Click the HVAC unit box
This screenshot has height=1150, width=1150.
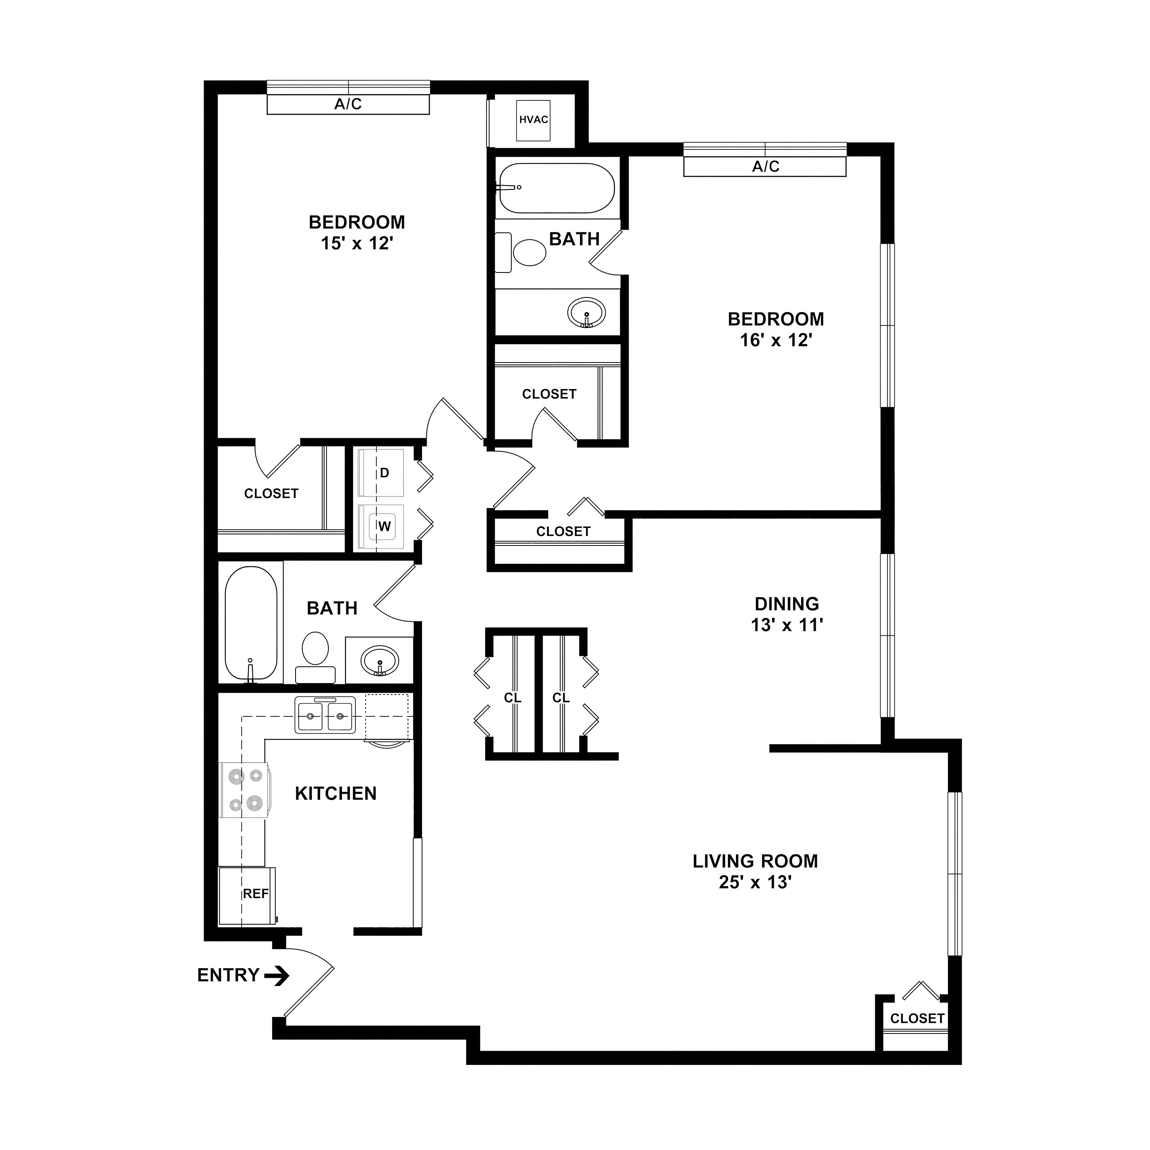tap(533, 120)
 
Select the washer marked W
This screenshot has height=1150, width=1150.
tap(381, 527)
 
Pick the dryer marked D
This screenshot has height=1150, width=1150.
tap(381, 473)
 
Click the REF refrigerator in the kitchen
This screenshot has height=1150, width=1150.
tap(247, 895)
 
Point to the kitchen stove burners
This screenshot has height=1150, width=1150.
tap(246, 790)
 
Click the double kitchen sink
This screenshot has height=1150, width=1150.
tap(325, 715)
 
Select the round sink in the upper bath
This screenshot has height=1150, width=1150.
tap(586, 312)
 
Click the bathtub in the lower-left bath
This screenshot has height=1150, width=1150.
tap(251, 623)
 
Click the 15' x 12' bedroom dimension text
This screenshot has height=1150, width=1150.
tap(357, 243)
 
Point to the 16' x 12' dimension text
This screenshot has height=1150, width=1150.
tap(776, 340)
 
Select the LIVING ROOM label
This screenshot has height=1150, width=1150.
tap(755, 861)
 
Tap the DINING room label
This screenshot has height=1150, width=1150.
tap(787, 604)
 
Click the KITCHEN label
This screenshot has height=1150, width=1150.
tap(336, 793)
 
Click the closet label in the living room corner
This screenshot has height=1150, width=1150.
tap(917, 1019)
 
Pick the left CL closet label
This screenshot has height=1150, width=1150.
tap(513, 698)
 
